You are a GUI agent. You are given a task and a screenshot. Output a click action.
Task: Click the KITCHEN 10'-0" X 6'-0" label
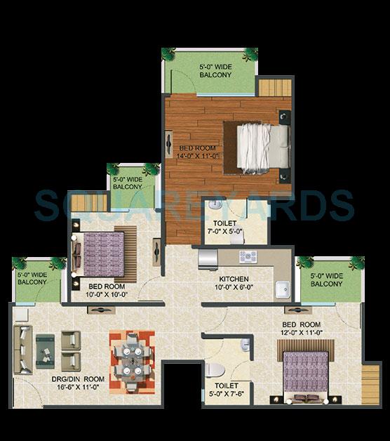[x=234, y=282]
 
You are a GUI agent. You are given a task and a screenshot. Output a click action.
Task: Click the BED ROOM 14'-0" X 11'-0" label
[x=200, y=152]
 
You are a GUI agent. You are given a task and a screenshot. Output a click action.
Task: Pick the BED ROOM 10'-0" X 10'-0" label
[x=107, y=290]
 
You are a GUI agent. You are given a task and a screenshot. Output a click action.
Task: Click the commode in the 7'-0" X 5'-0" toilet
[x=215, y=207]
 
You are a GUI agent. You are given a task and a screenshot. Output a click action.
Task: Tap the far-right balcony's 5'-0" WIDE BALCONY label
[x=327, y=279]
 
